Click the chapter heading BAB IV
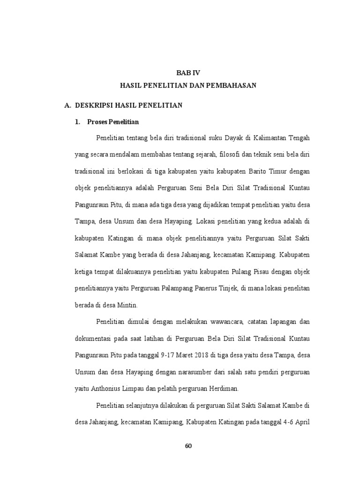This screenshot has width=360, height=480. pyautogui.click(x=188, y=73)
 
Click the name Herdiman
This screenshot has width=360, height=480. pyautogui.click(x=224, y=388)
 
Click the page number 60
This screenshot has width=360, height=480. pyautogui.click(x=188, y=445)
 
